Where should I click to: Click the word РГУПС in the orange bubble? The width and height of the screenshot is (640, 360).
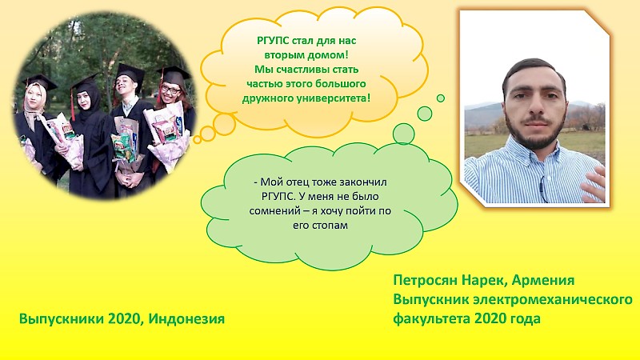273,41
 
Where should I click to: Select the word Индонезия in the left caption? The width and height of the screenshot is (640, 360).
186,318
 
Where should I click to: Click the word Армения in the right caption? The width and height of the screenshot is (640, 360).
543,281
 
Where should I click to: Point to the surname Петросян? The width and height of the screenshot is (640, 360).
426,281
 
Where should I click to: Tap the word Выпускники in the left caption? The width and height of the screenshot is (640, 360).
62,318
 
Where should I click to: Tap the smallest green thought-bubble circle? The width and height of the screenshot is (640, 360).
441,98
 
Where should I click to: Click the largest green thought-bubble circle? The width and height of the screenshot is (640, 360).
403,134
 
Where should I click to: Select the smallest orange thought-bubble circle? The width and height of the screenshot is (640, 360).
197,140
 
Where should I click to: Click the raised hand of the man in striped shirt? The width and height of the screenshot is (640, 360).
594,185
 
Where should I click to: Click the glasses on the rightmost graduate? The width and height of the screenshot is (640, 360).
170,89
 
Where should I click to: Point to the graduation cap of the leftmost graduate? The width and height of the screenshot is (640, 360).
40,82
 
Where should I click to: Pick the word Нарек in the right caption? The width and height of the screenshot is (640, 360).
485,281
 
